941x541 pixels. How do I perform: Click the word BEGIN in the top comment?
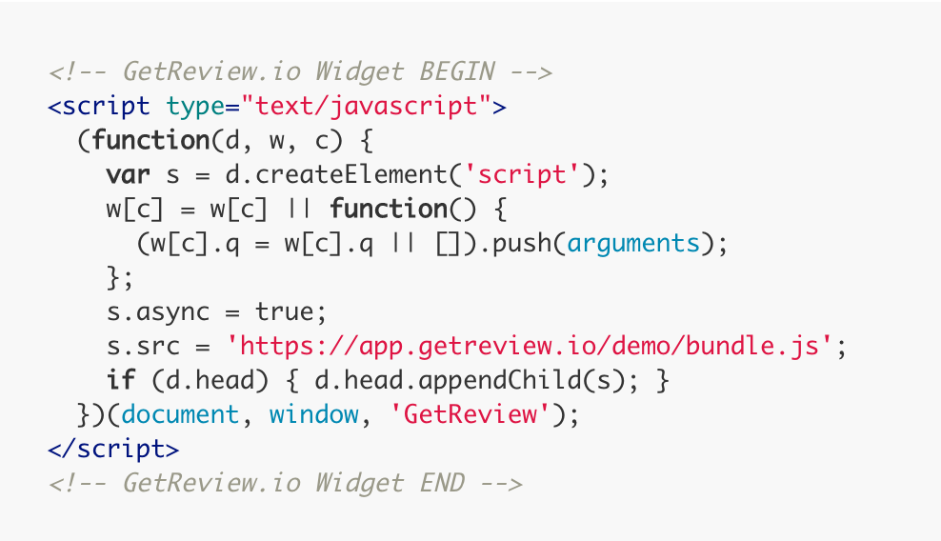pos(457,72)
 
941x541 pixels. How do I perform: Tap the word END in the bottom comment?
pos(442,483)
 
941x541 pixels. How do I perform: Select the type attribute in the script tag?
pos(195,108)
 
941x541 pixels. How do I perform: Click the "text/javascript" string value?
pos(366,107)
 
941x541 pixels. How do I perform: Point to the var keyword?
pos(128,175)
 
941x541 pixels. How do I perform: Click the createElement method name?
pos(351,174)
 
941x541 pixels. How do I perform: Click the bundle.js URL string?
pos(529,347)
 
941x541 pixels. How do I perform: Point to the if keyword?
pos(121,380)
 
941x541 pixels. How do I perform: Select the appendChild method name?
pos(500,381)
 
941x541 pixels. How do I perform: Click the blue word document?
pos(180,414)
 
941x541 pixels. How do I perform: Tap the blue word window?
pos(314,414)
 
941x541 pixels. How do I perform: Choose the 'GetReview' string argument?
pos(470,414)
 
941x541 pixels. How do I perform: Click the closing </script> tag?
pos(113,450)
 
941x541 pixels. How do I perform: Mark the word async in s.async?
pos(172,312)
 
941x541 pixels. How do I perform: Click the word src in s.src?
pos(158,347)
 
